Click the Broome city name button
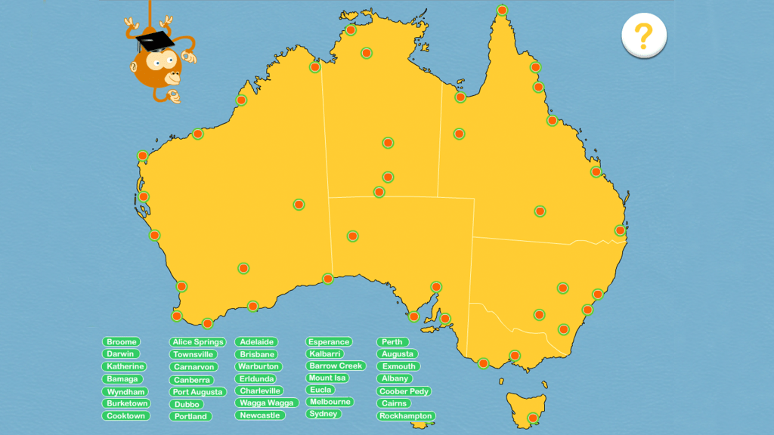(121, 342)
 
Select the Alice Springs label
(198, 342)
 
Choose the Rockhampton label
(406, 416)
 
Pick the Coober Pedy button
(404, 391)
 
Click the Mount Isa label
(327, 378)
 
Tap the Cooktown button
(125, 416)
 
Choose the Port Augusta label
(197, 392)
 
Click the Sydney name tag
(324, 414)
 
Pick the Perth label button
(392, 342)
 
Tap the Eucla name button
(321, 390)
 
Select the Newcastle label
(260, 415)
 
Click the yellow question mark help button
(643, 35)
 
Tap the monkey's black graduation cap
(156, 39)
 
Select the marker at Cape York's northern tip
(503, 11)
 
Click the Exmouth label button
(398, 366)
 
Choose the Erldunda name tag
(257, 378)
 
